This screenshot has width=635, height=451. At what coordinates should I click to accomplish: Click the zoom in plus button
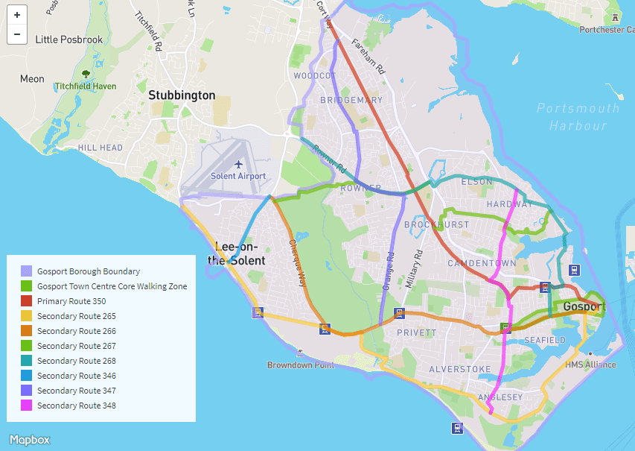(x=16, y=15)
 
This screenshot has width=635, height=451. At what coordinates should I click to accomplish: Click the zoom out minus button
(x=16, y=34)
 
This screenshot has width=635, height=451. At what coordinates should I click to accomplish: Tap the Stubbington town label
(x=182, y=95)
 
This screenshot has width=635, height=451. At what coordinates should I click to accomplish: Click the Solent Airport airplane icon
(x=238, y=164)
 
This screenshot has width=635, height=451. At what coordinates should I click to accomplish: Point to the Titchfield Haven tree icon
(x=86, y=75)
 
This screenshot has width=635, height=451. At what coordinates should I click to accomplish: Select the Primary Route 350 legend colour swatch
(x=27, y=301)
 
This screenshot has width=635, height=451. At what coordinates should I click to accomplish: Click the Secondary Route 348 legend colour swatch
(x=27, y=406)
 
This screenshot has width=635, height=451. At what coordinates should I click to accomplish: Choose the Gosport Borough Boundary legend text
(x=89, y=271)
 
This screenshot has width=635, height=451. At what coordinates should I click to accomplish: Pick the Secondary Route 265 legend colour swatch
(x=27, y=316)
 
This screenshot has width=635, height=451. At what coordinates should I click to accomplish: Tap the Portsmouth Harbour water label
(x=578, y=117)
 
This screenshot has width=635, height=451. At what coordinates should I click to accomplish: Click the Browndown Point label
(x=301, y=365)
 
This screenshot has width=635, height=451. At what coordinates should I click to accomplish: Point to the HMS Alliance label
(x=590, y=365)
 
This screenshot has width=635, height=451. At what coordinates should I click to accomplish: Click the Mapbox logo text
(x=30, y=439)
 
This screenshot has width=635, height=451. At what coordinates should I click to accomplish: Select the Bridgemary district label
(x=351, y=100)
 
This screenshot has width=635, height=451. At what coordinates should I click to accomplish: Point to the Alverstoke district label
(x=460, y=369)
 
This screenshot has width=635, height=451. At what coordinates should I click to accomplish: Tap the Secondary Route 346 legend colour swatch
(x=27, y=376)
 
